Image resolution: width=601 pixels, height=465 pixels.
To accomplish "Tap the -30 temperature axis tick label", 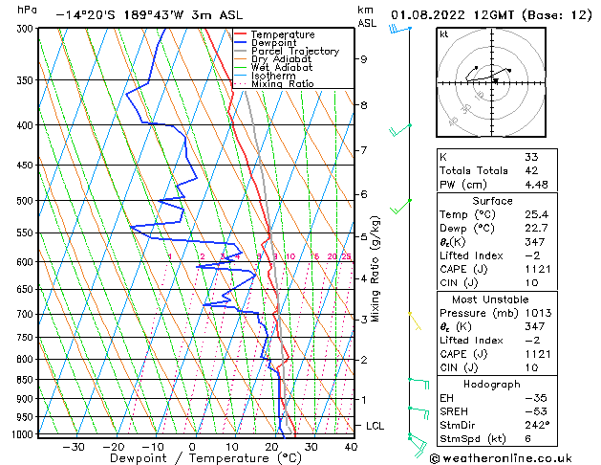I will point(74,446).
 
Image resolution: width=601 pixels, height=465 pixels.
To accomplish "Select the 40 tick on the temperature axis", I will point(351,446).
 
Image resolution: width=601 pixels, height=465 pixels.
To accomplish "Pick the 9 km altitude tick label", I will point(364,58).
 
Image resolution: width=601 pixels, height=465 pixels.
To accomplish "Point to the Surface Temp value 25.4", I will point(535,214).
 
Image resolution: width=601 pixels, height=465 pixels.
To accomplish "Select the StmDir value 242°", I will point(536,425).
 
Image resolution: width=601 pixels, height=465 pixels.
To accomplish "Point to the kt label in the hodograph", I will point(444,33).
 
